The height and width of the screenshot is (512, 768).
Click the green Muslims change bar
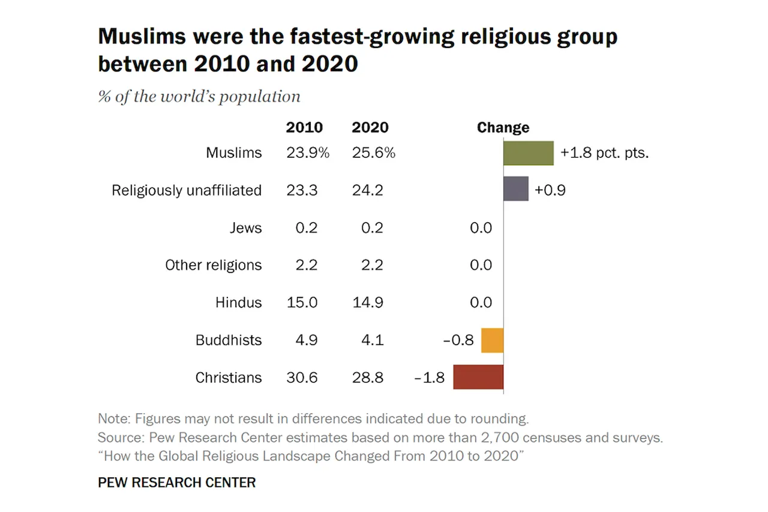[x=528, y=153]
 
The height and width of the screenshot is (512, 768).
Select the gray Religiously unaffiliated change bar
[x=515, y=189]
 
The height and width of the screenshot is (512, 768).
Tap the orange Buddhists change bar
[x=492, y=340]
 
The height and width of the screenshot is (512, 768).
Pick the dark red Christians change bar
[x=478, y=377]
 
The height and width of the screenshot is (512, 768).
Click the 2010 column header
[x=304, y=128]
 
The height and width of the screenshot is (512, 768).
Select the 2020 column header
[x=370, y=128]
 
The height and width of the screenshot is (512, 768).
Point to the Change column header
[x=503, y=128]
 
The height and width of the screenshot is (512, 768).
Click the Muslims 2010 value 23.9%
[x=308, y=153]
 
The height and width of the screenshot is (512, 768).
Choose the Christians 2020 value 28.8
[x=368, y=378]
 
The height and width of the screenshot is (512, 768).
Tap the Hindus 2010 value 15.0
[x=302, y=303]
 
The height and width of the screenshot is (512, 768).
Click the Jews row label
[x=245, y=228]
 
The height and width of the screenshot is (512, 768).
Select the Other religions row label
[x=214, y=265]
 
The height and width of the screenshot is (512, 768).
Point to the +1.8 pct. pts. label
[x=605, y=153]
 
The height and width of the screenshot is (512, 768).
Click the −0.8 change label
[x=458, y=340]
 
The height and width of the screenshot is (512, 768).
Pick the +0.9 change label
[x=550, y=190]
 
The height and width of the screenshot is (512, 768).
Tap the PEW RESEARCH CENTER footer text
[x=176, y=483]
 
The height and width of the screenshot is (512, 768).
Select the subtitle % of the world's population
[x=199, y=97]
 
